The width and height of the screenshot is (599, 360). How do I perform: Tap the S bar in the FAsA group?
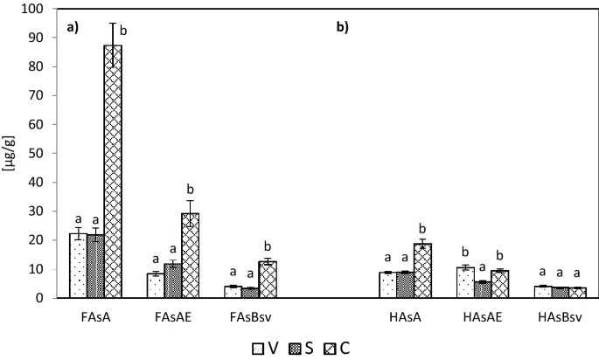pyautogui.click(x=95, y=267)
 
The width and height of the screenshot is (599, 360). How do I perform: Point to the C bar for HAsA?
pyautogui.click(x=422, y=271)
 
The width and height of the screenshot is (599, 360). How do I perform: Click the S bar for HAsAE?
pyautogui.click(x=483, y=289)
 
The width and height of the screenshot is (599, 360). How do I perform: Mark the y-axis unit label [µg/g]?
pyautogui.click(x=9, y=153)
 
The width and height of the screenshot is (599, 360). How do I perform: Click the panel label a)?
pyautogui.click(x=73, y=27)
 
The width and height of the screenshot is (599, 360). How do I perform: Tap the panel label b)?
pyautogui.click(x=342, y=27)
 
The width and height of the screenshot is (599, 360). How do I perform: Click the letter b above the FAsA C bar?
pyautogui.click(x=123, y=31)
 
